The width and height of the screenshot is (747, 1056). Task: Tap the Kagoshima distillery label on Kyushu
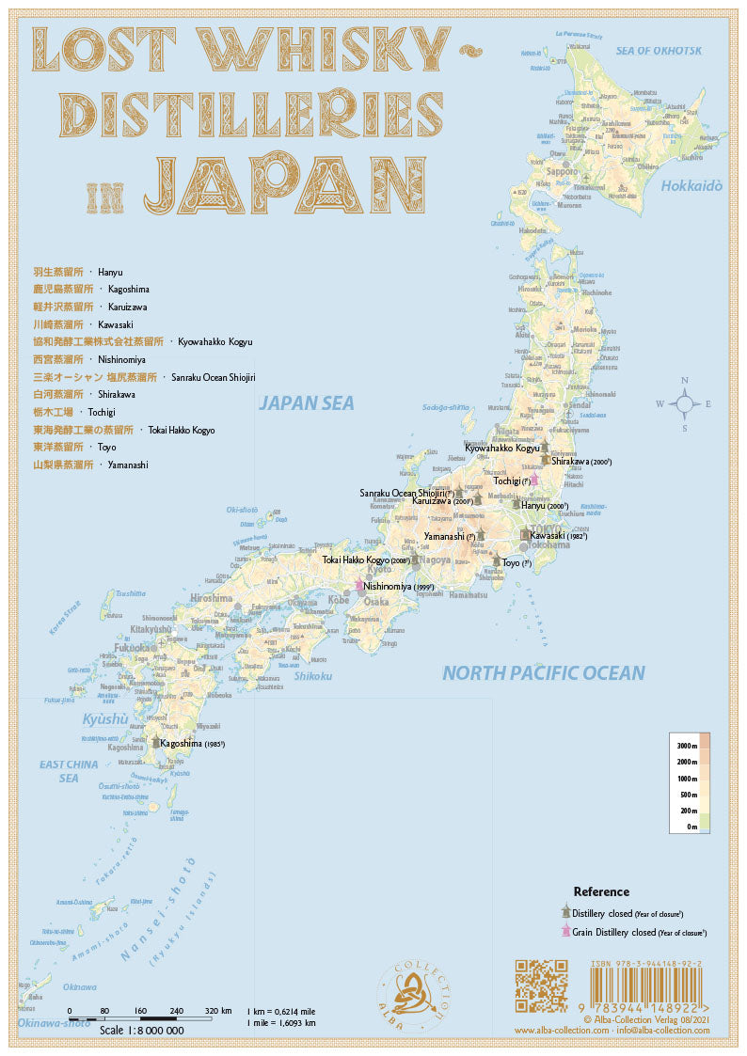191,743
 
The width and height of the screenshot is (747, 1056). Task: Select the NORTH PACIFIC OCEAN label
544,673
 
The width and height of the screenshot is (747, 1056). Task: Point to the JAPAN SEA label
307,403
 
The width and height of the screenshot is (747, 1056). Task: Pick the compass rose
684,403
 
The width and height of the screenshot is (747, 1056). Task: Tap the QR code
542,985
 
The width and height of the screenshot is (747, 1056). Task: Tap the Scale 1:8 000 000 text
141,1031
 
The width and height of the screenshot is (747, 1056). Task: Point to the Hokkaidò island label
691,186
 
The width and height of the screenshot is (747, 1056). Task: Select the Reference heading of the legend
601,891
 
